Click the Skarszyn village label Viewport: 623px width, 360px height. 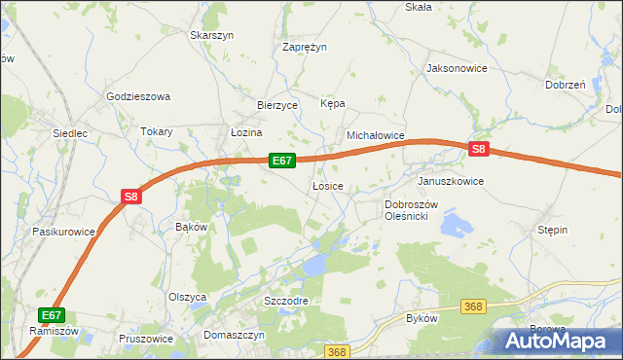pyautogui.click(x=212, y=34)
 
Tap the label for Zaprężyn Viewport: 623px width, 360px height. pyautogui.click(x=305, y=46)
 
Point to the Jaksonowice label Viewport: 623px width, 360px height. pyautogui.click(x=457, y=69)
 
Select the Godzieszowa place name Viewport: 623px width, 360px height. pyautogui.click(x=138, y=96)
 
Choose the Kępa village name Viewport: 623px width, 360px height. pyautogui.click(x=333, y=103)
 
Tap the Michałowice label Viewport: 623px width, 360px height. pyautogui.click(x=376, y=136)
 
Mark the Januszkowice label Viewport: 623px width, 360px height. pyautogui.click(x=451, y=181)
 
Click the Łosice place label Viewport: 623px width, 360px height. pyautogui.click(x=327, y=185)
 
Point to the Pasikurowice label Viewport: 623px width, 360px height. pyautogui.click(x=63, y=232)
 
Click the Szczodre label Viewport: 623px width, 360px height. pyautogui.click(x=286, y=301)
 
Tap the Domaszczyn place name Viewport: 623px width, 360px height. pyautogui.click(x=235, y=334)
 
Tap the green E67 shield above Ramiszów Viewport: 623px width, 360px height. pyautogui.click(x=53, y=315)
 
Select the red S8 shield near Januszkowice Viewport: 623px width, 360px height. pyautogui.click(x=478, y=150)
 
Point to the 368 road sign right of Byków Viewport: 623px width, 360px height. pyautogui.click(x=473, y=306)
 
